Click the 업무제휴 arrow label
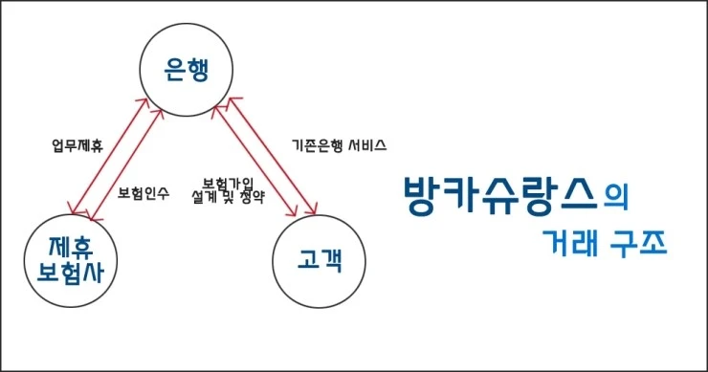click(77, 146)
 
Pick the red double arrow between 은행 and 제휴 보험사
click(117, 152)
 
